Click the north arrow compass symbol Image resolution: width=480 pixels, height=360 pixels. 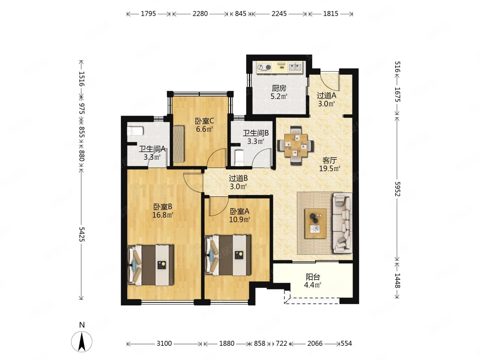point(81,341)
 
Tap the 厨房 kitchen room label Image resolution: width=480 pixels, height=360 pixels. point(279,89)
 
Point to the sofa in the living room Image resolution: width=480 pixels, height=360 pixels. point(342,223)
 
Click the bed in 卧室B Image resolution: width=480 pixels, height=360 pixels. point(151,265)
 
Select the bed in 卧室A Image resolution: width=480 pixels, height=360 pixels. point(228,256)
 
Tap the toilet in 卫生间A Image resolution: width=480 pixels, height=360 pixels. point(135,131)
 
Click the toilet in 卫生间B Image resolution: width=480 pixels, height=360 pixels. point(239,158)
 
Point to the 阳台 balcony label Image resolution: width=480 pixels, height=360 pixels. point(313,277)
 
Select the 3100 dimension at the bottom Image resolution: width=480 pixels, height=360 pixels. point(164,343)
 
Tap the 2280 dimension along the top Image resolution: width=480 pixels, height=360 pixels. point(200,14)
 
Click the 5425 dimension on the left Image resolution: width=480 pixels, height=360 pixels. point(81,234)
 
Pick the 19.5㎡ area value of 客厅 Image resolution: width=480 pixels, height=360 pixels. point(330,168)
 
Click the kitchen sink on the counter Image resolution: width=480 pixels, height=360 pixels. point(294,67)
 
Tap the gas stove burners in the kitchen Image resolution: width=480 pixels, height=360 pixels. point(264,68)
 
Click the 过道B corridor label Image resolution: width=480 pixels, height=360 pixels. point(239,178)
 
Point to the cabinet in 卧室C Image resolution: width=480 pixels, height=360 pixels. point(179,144)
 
